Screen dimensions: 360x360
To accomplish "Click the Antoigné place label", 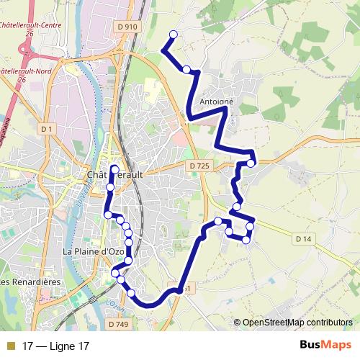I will pyautogui.click(x=217, y=102).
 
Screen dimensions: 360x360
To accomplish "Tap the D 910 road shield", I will pyautogui.click(x=126, y=27).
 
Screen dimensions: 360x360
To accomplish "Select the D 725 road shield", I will pyautogui.click(x=200, y=166).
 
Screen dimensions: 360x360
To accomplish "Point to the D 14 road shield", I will pyautogui.click(x=304, y=238).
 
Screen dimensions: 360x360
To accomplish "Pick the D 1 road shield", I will pyautogui.click(x=48, y=129).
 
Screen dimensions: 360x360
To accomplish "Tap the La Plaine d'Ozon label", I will pyautogui.click(x=94, y=251).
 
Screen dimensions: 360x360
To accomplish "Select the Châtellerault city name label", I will pyautogui.click(x=115, y=175).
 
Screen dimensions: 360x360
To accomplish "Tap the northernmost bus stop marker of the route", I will pyautogui.click(x=173, y=35).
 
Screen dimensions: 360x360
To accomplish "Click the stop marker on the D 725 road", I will pyautogui.click(x=251, y=163).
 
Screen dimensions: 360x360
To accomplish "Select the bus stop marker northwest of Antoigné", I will pyautogui.click(x=186, y=69).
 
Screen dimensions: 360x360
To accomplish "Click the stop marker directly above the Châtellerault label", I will pyautogui.click(x=114, y=168).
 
